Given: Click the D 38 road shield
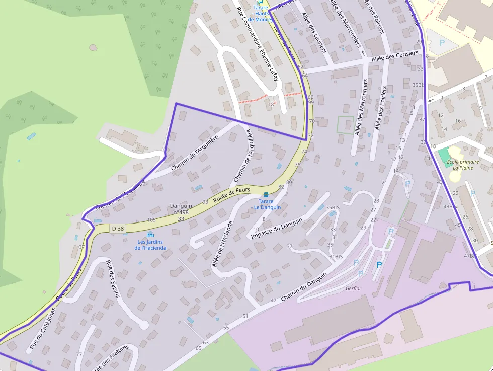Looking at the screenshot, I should [x=117, y=229].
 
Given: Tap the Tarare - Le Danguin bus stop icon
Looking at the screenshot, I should [x=266, y=194].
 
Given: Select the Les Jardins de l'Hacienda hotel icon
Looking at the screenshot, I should [x=150, y=235].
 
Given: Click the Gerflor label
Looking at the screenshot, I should [x=354, y=288].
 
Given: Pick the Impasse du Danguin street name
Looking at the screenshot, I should [x=276, y=229].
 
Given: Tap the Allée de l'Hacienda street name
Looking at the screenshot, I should [x=221, y=244].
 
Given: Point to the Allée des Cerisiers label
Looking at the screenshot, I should [x=395, y=56].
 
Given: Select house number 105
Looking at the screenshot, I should [x=151, y=220].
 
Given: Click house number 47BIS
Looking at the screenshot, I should [x=470, y=256].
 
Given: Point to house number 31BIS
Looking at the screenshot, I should [x=336, y=257].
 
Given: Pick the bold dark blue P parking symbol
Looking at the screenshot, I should [x=379, y=264].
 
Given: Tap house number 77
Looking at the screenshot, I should [x=79, y=354].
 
